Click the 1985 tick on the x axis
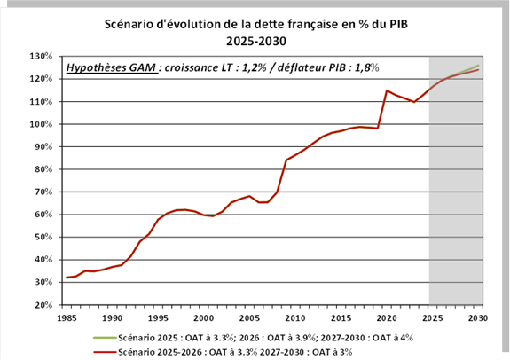[66, 317]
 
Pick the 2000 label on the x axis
[204, 317]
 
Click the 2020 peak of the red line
[387, 90]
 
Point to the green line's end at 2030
[480, 65]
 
